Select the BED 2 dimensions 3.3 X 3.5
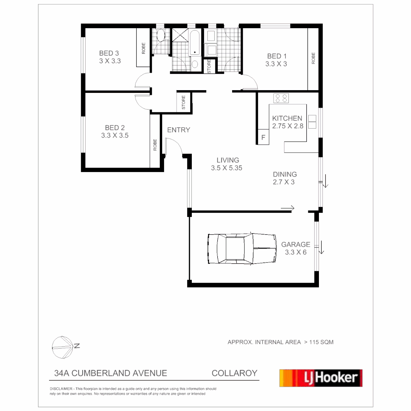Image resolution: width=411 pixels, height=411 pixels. click(115, 135)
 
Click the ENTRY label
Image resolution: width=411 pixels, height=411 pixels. click(178, 130)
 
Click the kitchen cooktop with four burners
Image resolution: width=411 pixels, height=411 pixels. click(281, 98)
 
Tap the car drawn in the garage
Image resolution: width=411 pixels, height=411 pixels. click(242, 249)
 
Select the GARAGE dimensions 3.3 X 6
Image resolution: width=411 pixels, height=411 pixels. click(296, 252)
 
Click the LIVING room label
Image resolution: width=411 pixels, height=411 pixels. click(228, 160)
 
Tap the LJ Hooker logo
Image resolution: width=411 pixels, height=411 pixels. click(321, 378)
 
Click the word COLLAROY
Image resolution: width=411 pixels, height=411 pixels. click(234, 373)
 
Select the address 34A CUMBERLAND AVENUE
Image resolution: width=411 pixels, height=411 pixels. click(111, 373)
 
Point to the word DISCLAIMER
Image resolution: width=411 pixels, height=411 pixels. click(61, 389)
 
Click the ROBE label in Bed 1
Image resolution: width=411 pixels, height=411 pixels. click(313, 58)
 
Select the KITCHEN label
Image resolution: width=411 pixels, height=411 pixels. click(287, 118)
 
